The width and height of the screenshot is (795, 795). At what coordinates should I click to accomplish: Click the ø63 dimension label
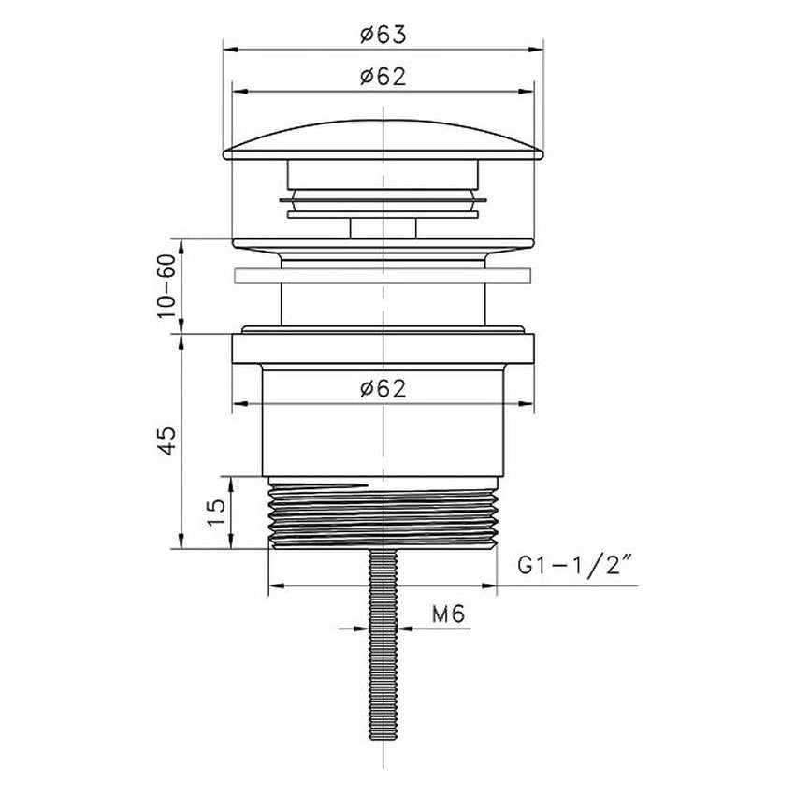[x=383, y=35]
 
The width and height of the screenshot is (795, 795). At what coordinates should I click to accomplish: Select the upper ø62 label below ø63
[x=383, y=77]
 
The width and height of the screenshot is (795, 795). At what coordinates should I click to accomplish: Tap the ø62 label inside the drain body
[x=383, y=389]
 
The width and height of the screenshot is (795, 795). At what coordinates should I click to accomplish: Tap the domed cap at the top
[x=383, y=140]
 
